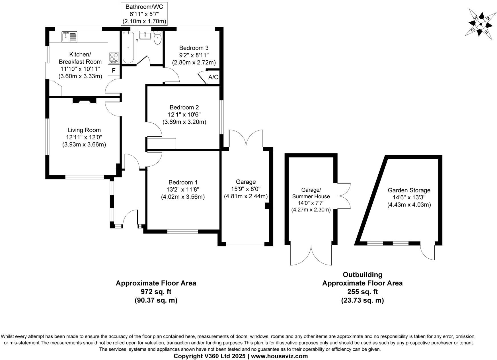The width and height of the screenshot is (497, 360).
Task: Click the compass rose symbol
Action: (x=480, y=24)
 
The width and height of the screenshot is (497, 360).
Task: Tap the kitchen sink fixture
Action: (x=69, y=37)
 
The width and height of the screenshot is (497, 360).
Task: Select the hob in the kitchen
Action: (x=114, y=58)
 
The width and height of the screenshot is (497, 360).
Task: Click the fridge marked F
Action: (x=114, y=70)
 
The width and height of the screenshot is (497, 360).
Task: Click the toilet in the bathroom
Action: (x=157, y=38)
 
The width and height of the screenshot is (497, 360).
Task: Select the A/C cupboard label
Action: (x=213, y=77)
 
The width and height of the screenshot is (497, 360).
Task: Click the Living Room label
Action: (x=84, y=130)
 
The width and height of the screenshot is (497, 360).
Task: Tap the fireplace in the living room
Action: (x=85, y=101)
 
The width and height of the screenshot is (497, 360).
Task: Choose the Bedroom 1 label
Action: (x=183, y=182)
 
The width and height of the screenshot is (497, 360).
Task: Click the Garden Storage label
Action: (x=409, y=190)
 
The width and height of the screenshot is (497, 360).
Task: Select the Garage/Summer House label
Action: (x=311, y=193)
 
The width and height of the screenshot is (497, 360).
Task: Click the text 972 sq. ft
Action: (x=156, y=292)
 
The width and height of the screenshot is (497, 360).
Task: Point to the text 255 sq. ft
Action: (x=362, y=292)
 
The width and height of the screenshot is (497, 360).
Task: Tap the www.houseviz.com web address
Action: (x=279, y=356)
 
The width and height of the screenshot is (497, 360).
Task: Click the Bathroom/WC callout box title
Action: (x=144, y=7)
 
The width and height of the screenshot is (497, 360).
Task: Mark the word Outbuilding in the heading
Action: (x=362, y=275)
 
